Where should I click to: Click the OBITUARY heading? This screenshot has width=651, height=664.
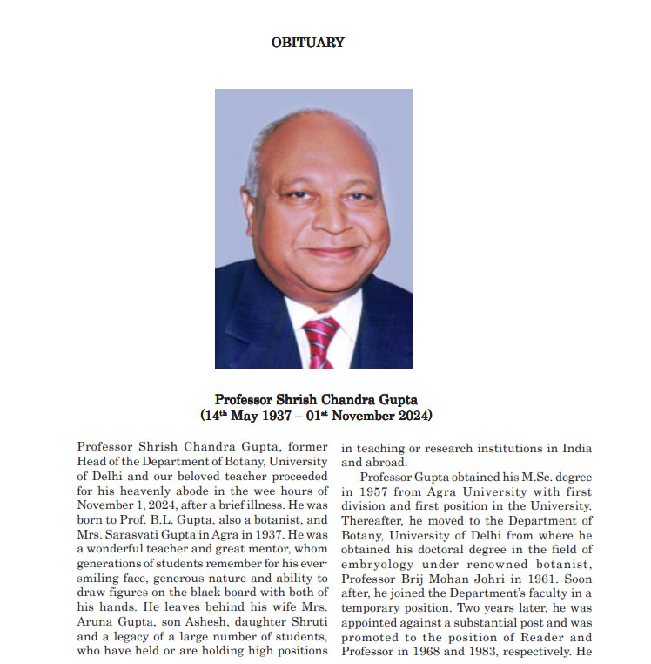tap(307, 42)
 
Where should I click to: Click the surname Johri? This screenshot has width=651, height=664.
tap(495, 579)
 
